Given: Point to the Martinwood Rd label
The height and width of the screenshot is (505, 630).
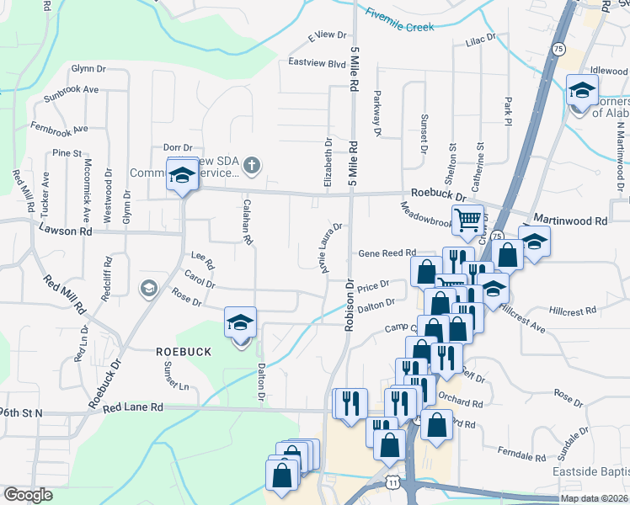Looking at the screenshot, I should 577,221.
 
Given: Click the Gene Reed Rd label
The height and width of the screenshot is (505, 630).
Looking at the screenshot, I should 387,252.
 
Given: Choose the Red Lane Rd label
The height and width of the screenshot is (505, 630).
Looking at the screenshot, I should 133,407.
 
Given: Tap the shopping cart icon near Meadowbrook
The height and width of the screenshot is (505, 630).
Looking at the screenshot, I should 467,221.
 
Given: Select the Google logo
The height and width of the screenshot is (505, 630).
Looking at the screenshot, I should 28,494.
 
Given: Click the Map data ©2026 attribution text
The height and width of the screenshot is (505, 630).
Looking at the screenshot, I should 594,498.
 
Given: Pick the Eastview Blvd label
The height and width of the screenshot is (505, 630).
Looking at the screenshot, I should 317,63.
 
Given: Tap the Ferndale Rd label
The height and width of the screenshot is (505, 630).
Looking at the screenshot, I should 521,455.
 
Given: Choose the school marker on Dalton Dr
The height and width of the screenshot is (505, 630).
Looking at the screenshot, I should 240,323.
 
